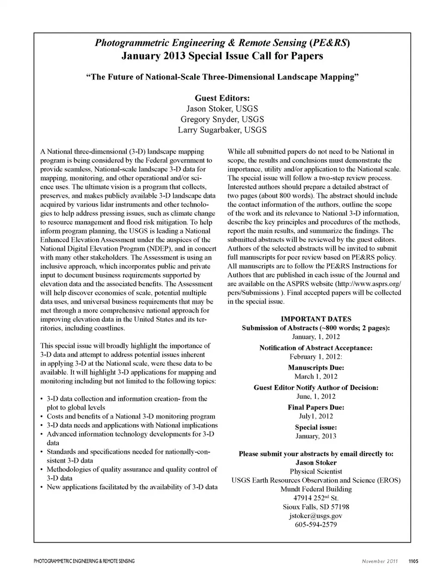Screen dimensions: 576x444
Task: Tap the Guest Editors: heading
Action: pos(222,98)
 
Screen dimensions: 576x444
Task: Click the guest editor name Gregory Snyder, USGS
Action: pos(222,119)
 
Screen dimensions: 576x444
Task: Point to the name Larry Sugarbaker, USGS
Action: pos(222,130)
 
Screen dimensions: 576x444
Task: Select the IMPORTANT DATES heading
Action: pos(316,319)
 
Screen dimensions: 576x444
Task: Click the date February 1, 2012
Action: pos(316,357)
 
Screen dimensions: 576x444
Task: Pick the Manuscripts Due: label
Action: pos(316,368)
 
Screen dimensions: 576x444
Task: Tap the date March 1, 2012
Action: pos(316,377)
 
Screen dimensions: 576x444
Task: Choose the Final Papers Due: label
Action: pos(316,408)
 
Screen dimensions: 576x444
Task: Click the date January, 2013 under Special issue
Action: pos(316,436)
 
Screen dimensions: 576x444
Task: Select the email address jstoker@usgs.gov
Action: pos(316,516)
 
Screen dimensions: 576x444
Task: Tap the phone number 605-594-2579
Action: pos(316,525)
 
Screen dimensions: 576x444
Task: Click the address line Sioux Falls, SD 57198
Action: pos(316,507)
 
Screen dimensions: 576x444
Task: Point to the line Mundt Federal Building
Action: pos(316,489)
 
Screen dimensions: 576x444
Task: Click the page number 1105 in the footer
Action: pos(413,561)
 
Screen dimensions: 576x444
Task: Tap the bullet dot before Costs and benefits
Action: pos(42,417)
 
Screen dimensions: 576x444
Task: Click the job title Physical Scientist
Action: pos(316,471)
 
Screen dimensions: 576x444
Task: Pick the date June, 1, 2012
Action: pos(316,396)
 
